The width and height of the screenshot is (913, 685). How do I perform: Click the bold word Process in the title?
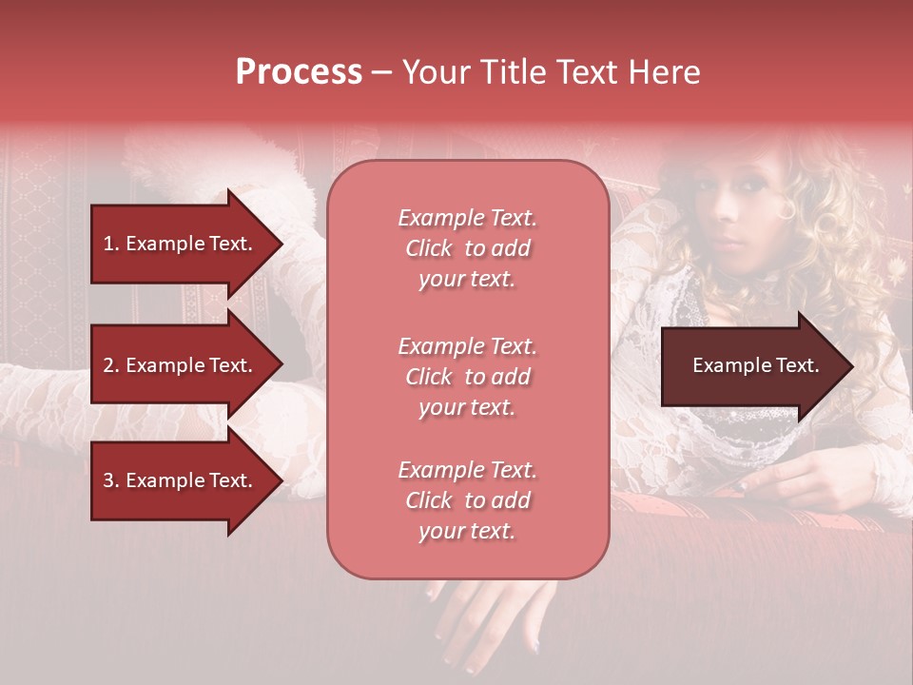click(x=299, y=72)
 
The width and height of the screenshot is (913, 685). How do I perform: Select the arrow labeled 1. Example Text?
click(x=181, y=244)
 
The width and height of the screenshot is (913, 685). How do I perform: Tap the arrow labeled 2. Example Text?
click(x=181, y=365)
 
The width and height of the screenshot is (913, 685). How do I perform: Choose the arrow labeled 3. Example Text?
click(x=181, y=480)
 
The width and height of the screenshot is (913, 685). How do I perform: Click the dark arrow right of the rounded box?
click(x=751, y=366)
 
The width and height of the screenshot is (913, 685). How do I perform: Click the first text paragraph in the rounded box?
click(x=467, y=248)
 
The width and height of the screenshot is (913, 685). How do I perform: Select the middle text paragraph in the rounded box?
click(x=467, y=377)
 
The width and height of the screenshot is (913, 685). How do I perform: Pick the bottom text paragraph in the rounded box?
click(x=467, y=500)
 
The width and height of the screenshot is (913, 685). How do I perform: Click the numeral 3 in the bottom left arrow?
click(x=107, y=480)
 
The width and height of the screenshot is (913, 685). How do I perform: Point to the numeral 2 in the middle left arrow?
click(x=107, y=365)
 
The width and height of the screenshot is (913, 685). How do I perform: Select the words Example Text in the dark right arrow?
click(x=755, y=365)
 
